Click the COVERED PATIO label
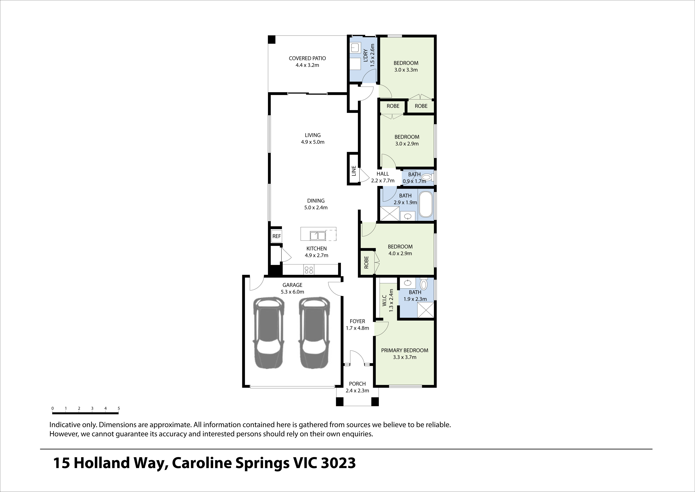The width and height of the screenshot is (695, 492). (x=307, y=58)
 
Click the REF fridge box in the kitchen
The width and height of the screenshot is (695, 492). (x=276, y=236)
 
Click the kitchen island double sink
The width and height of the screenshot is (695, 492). (x=318, y=235)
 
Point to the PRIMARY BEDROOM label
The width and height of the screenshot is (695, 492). (x=404, y=350)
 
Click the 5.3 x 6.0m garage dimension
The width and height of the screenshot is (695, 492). (x=292, y=292)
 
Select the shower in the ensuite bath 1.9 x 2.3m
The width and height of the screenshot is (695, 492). (x=425, y=310)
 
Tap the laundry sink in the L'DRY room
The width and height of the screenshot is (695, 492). (x=354, y=48)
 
